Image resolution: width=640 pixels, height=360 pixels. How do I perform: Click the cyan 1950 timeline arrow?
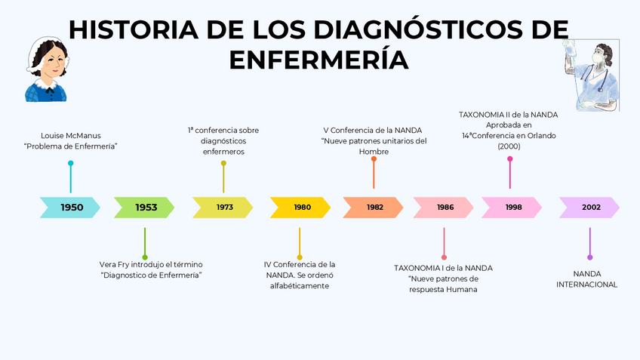(x=70, y=208)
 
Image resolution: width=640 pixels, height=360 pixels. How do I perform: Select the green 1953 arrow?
(x=145, y=208)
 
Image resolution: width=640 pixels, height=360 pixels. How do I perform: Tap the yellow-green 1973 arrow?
(x=223, y=208)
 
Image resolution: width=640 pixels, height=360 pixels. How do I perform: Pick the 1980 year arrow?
(x=301, y=208)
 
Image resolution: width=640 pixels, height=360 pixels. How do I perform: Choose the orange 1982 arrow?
(x=374, y=208)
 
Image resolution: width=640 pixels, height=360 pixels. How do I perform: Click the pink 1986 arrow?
(x=444, y=208)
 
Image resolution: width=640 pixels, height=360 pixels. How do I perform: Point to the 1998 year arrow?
(x=512, y=208)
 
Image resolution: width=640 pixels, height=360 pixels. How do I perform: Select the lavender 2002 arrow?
(x=590, y=208)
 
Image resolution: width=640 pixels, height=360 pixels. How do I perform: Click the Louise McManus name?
(x=71, y=136)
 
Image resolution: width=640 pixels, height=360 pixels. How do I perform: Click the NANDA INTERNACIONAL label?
(x=587, y=279)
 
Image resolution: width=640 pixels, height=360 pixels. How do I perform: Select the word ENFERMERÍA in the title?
(x=318, y=60)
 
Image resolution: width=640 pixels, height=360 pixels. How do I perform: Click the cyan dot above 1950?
(x=71, y=163)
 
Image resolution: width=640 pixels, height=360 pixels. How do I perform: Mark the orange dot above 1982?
(x=374, y=159)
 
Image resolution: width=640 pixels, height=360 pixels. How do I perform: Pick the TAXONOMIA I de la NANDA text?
(x=443, y=268)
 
